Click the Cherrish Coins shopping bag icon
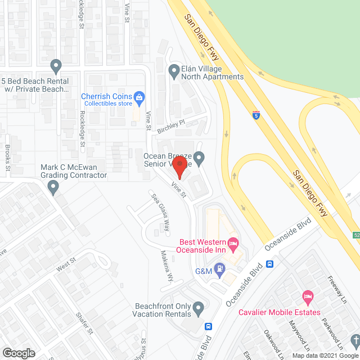(140, 97)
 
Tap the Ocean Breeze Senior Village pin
(199, 158)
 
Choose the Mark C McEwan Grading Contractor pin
(53, 186)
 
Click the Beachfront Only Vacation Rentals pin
(198, 308)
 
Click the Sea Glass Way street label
(159, 212)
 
